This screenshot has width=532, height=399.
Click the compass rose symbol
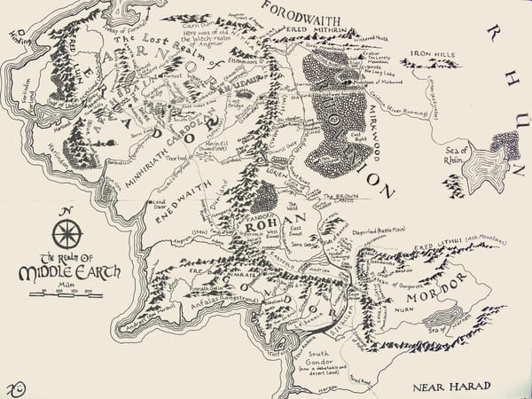click(x=66, y=234)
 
